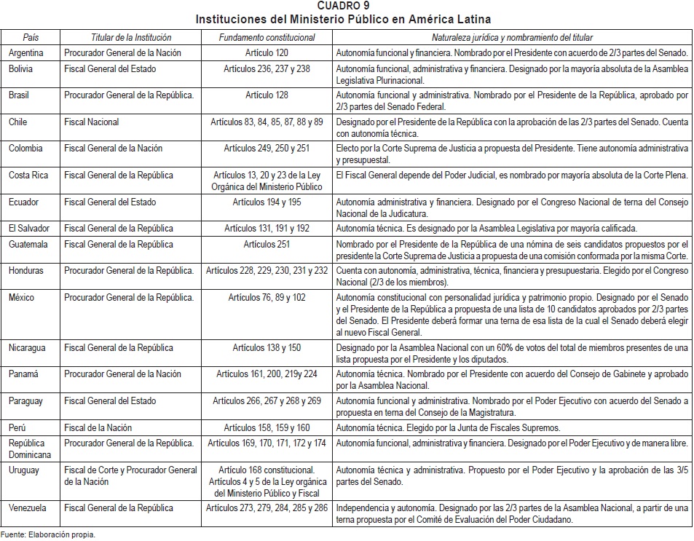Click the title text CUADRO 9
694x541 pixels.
click(x=347, y=6)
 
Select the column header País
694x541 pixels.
click(x=31, y=37)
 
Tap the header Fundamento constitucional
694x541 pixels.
click(x=267, y=37)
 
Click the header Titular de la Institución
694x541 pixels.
click(x=131, y=37)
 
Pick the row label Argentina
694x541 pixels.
click(x=26, y=53)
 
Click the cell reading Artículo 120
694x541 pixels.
click(x=267, y=53)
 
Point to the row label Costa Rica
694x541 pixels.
click(x=28, y=175)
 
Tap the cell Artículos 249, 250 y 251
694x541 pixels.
click(x=267, y=149)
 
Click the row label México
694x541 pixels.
click(x=23, y=298)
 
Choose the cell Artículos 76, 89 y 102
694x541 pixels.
click(x=267, y=298)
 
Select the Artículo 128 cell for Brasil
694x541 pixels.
click(x=267, y=95)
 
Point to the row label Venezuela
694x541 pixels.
click(x=28, y=508)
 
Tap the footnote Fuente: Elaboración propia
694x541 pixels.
click(x=48, y=534)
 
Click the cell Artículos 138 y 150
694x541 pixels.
click(x=267, y=348)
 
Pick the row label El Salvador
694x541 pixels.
click(x=28, y=229)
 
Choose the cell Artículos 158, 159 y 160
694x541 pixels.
click(x=267, y=428)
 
